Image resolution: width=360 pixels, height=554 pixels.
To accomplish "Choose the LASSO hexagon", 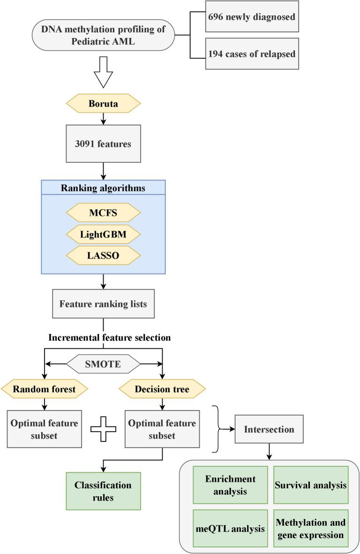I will [x=103, y=255].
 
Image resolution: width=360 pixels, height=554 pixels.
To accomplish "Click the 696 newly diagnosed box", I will [x=252, y=17].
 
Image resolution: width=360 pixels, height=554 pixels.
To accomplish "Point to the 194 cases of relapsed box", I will [x=252, y=53].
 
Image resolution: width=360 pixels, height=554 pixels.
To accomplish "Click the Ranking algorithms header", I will [x=103, y=189].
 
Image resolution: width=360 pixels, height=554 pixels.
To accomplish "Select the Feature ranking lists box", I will [x=103, y=304].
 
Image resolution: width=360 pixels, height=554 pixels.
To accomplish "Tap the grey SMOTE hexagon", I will [x=103, y=363].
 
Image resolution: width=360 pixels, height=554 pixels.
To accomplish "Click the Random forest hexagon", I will [x=44, y=388].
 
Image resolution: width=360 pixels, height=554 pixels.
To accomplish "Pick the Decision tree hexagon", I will [x=162, y=388].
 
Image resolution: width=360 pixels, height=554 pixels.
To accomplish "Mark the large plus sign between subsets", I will [x=103, y=429].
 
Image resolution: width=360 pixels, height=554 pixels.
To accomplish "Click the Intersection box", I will [x=269, y=429].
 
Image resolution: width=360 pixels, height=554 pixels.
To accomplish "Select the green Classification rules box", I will [x=103, y=491].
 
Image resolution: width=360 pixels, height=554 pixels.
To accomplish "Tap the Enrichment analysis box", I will [x=230, y=485].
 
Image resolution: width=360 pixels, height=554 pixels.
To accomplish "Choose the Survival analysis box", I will [x=311, y=485].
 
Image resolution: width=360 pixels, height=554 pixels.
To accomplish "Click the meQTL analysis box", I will [x=230, y=528].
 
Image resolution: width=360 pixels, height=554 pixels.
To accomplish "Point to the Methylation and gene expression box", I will [x=311, y=528].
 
